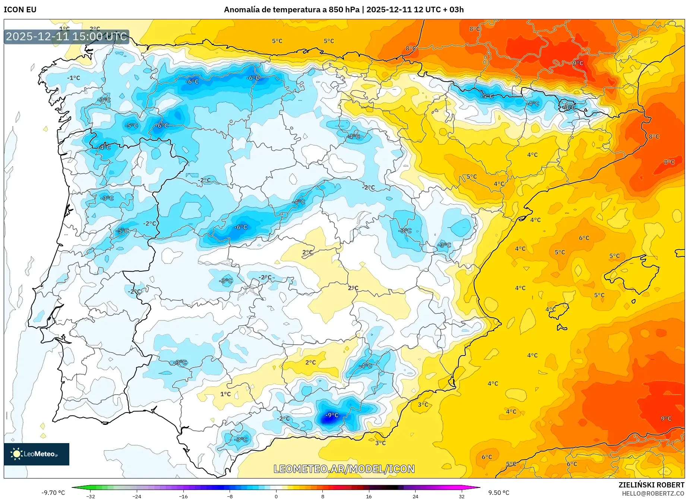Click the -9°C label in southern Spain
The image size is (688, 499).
[332, 415]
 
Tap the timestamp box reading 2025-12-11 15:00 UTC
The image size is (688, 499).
[66, 37]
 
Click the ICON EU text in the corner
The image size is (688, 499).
[20, 10]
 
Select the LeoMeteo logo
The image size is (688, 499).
[37, 454]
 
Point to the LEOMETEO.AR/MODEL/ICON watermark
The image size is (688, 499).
[344, 469]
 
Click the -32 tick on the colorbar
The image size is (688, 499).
[91, 496]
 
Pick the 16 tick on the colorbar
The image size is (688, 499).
[369, 496]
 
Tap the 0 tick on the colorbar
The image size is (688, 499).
[276, 496]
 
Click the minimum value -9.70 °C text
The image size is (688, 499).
[53, 493]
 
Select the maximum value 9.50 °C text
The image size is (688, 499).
[499, 493]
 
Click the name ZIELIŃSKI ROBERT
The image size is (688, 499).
[651, 485]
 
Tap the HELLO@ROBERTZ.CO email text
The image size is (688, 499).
[653, 493]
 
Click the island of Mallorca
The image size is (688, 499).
[632, 274]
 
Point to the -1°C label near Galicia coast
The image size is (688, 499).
[73, 78]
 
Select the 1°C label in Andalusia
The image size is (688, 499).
[225, 394]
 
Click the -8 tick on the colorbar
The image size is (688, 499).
[230, 496]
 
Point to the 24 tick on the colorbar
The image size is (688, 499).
[415, 496]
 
